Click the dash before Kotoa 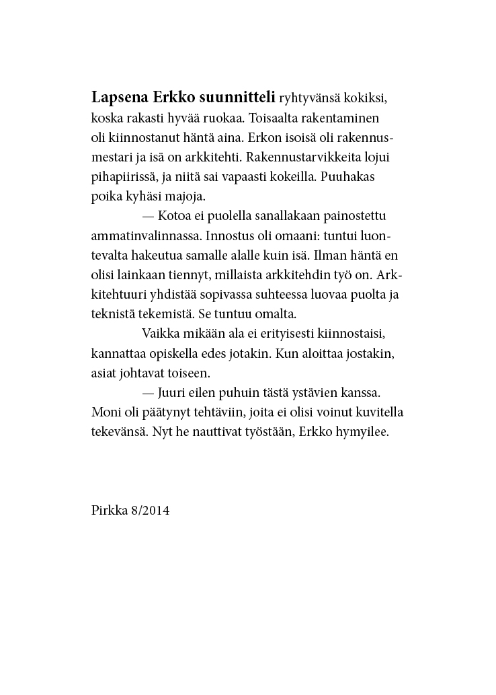(x=148, y=217)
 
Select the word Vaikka (x=159, y=334)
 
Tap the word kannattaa (x=117, y=354)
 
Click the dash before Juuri (x=148, y=392)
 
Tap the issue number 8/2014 (x=151, y=511)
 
